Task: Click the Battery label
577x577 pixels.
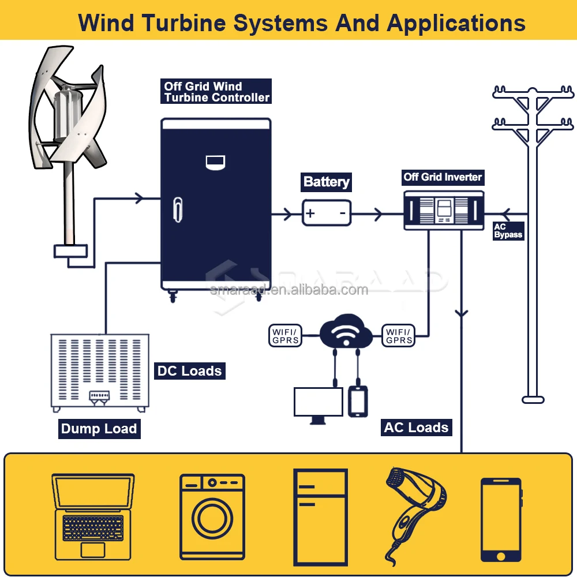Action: [327, 182]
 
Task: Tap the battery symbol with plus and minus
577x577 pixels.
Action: [327, 213]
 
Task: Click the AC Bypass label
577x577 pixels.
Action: [508, 231]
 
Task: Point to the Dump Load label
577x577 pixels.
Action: [99, 429]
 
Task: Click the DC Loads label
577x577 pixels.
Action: [189, 371]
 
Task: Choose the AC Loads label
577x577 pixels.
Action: [416, 428]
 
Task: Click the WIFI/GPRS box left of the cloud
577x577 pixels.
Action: [286, 335]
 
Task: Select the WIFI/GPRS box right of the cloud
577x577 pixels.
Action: [399, 335]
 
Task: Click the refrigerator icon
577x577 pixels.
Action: [320, 516]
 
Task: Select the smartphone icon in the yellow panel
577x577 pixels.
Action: [501, 519]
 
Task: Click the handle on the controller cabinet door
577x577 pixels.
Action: [178, 209]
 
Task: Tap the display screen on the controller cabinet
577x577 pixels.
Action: [215, 162]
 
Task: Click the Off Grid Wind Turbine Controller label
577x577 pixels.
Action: [216, 92]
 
